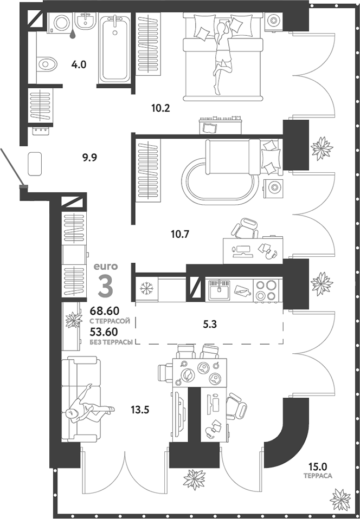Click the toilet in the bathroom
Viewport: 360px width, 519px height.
[47, 64]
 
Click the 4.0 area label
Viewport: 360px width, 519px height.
[79, 65]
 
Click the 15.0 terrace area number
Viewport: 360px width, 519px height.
[318, 466]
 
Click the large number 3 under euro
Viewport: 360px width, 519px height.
[104, 286]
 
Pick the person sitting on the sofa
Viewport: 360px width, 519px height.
[84, 406]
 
